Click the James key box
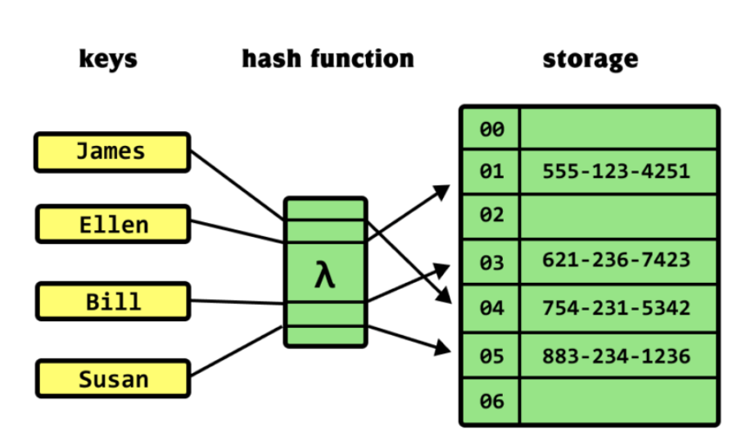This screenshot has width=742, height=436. [111, 152]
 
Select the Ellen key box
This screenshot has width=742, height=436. [113, 225]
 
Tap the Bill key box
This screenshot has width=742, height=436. [113, 302]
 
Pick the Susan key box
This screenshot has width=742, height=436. [113, 379]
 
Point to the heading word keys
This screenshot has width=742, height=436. [108, 59]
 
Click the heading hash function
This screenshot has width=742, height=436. [328, 59]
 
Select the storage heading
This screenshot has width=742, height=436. [590, 59]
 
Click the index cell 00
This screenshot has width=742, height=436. [491, 129]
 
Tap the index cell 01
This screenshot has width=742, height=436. [491, 172]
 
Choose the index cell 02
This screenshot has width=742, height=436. [491, 216]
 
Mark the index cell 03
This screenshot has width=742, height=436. [491, 262]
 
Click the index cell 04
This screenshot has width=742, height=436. [491, 309]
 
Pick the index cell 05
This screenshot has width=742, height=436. [491, 357]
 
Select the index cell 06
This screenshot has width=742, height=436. [491, 402]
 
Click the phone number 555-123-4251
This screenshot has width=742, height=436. [616, 172]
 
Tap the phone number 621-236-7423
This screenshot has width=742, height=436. [616, 261]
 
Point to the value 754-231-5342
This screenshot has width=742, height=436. [616, 309]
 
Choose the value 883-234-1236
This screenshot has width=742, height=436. [616, 357]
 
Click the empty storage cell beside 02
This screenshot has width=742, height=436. [618, 216]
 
